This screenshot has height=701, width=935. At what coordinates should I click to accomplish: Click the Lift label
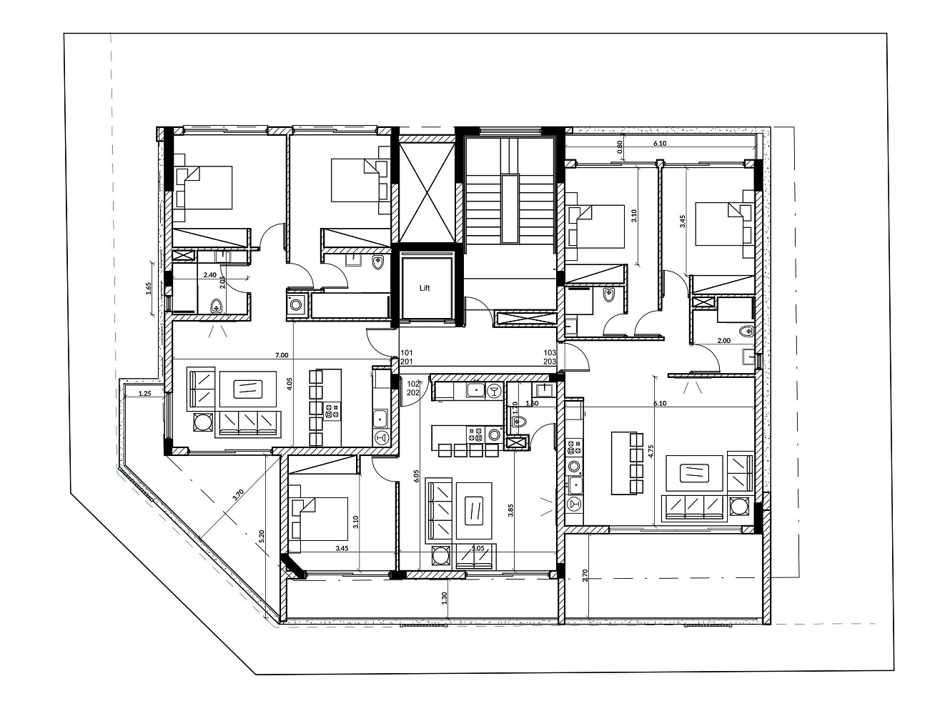click(x=425, y=288)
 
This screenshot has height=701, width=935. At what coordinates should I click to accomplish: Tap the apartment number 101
click(x=407, y=353)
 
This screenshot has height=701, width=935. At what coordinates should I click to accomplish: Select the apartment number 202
click(x=412, y=392)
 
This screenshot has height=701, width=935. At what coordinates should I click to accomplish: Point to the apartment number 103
click(x=550, y=353)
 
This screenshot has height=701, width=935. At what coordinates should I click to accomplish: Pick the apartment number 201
click(x=407, y=362)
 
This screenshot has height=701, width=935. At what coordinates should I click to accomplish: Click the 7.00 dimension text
click(x=281, y=354)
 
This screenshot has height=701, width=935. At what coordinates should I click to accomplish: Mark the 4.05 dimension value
click(x=290, y=382)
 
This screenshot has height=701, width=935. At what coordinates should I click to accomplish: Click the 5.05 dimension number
click(x=478, y=549)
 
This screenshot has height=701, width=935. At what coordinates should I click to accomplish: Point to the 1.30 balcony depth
click(x=445, y=597)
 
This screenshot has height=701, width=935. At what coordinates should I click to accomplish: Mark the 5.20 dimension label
click(x=262, y=537)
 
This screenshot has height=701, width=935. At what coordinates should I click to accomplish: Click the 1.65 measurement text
click(x=149, y=289)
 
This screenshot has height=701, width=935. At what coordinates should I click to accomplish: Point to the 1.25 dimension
click(x=144, y=393)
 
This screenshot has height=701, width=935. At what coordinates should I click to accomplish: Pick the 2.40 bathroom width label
click(x=209, y=274)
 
